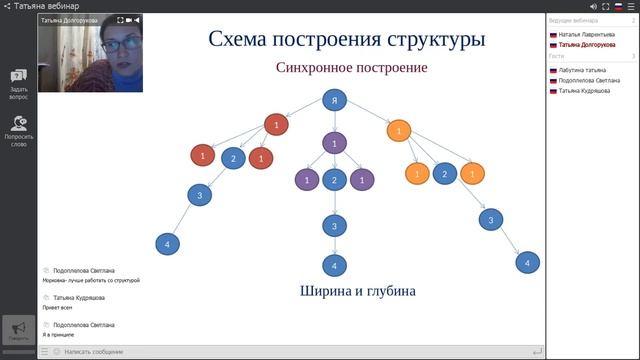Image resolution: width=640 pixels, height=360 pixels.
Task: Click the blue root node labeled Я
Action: click(x=335, y=100)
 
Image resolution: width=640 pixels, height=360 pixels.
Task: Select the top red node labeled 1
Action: click(x=276, y=124)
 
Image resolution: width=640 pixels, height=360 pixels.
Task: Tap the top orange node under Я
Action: click(x=399, y=130)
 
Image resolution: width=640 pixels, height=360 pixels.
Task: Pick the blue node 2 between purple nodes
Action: click(x=335, y=180)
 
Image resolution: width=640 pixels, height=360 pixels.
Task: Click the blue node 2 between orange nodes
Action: click(x=444, y=174)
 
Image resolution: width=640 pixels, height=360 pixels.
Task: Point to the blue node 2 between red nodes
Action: click(x=233, y=158)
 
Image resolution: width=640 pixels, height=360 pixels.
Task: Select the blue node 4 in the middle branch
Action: click(x=335, y=265)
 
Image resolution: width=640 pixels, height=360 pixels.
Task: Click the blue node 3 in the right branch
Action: click(x=489, y=219)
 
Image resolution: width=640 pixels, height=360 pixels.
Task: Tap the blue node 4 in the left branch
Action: click(x=168, y=243)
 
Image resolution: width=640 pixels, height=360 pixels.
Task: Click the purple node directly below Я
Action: click(x=335, y=144)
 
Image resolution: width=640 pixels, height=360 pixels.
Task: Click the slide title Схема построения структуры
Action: click(x=347, y=40)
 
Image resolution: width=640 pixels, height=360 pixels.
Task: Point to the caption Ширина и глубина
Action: click(x=357, y=291)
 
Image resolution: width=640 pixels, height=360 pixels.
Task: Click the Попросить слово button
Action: click(x=18, y=129)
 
